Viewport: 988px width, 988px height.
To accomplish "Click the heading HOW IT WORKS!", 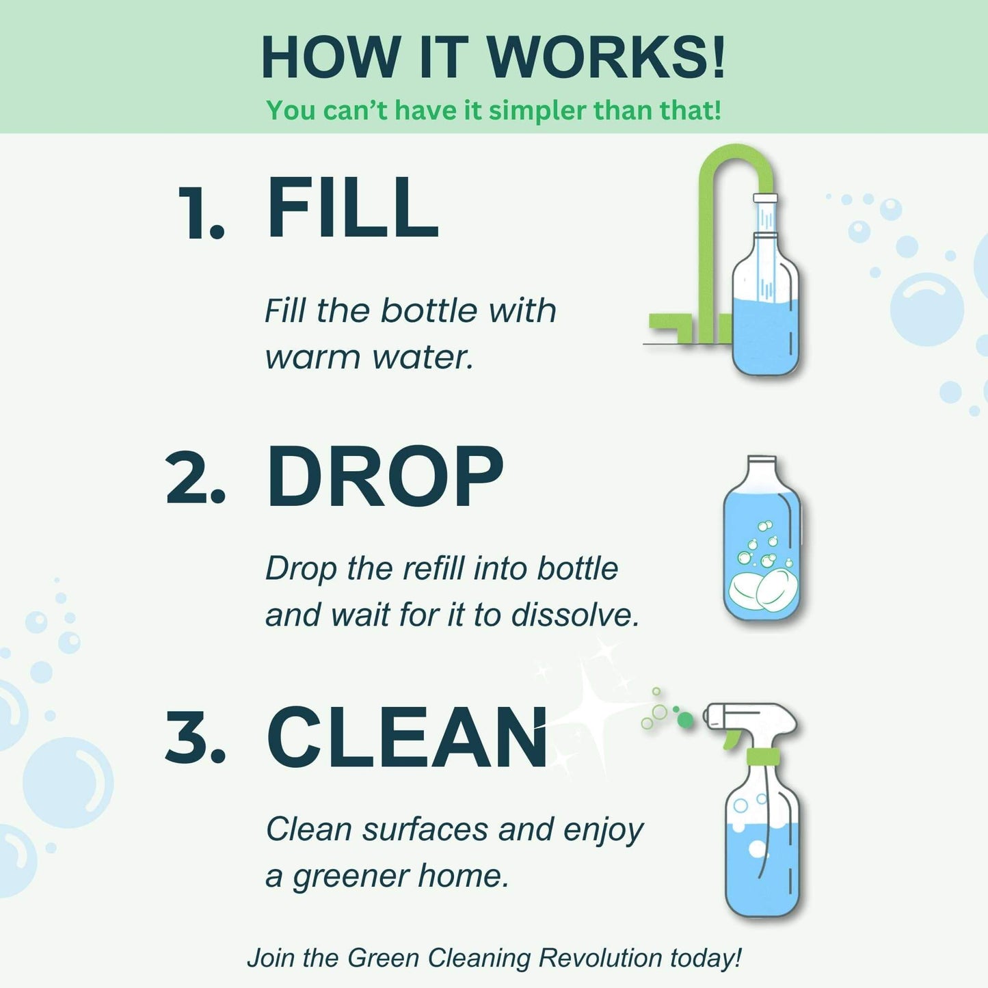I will click(x=493, y=57).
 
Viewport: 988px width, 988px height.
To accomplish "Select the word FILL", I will click(x=352, y=208).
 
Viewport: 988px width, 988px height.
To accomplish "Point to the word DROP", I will click(x=384, y=477).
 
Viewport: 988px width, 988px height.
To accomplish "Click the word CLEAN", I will click(x=407, y=738).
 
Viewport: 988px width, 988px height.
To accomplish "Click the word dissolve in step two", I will click(x=575, y=615).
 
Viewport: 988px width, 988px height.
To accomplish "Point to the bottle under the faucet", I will click(x=765, y=308).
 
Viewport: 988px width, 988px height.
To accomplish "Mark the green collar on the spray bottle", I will click(x=764, y=756).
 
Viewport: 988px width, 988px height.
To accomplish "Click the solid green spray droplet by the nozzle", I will click(x=685, y=720).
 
